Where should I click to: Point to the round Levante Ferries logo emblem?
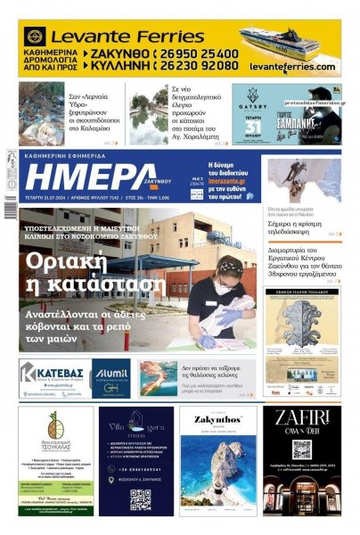tap(36, 37)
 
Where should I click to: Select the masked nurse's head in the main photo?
tap(231, 269)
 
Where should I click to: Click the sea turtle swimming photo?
tap(159, 378)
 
